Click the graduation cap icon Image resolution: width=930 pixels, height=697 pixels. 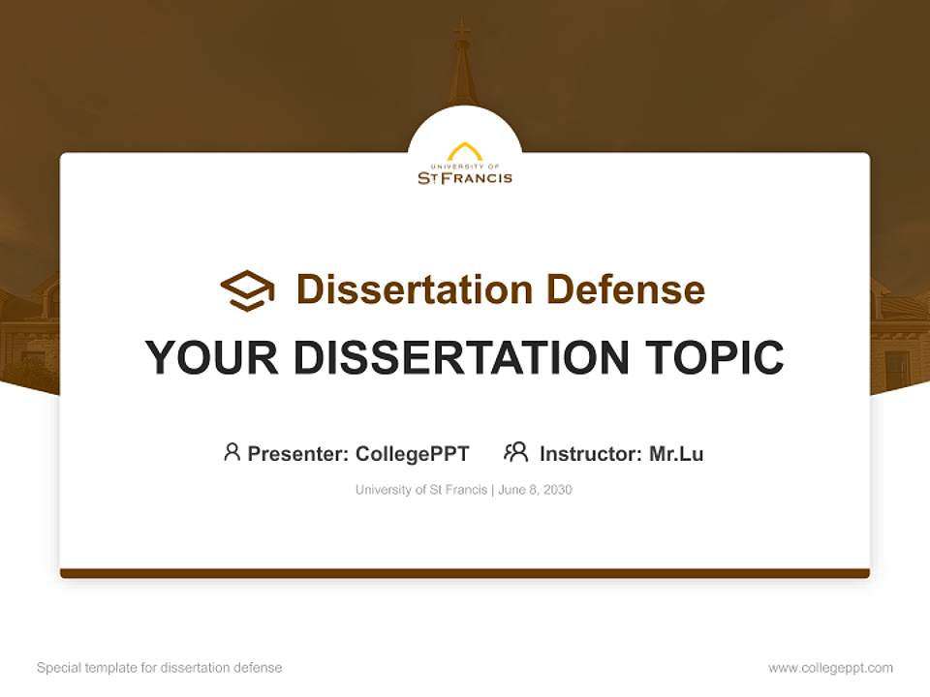click(247, 290)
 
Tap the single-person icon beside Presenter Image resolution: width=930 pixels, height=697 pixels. click(232, 452)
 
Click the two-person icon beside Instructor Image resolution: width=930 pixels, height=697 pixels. click(516, 452)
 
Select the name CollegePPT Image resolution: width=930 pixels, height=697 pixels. click(413, 453)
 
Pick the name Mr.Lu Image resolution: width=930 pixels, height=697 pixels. click(676, 453)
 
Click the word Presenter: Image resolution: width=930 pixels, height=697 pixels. click(298, 453)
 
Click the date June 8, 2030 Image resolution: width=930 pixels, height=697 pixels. click(536, 490)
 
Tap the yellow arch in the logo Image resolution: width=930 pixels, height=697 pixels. click(465, 152)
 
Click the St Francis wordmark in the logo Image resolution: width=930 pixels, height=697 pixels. click(465, 177)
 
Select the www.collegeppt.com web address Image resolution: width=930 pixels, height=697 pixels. click(830, 668)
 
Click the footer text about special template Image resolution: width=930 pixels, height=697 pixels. click(160, 668)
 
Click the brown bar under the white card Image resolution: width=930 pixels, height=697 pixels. click(465, 573)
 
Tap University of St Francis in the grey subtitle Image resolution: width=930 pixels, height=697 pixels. click(421, 490)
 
